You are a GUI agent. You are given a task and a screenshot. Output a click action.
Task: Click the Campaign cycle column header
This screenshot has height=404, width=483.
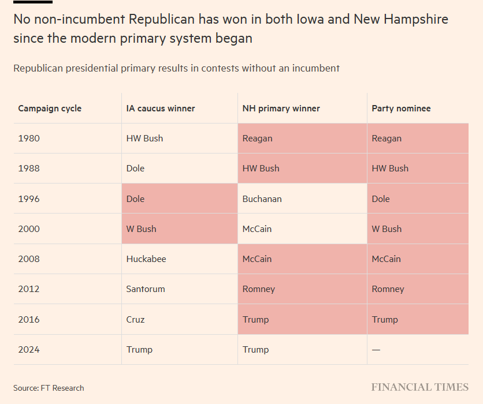(50, 109)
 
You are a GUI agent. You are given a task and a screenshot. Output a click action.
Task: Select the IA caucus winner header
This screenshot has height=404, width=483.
(161, 109)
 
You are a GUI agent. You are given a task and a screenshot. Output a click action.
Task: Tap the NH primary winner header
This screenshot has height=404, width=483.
(281, 109)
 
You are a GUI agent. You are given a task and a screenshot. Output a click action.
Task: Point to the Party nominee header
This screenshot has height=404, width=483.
(401, 109)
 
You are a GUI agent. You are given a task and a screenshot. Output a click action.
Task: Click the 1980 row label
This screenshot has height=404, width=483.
(29, 139)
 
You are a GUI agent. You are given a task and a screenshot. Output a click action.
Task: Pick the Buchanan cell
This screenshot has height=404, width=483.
(262, 199)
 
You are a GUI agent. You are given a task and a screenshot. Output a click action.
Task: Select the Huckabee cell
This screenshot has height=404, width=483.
(146, 259)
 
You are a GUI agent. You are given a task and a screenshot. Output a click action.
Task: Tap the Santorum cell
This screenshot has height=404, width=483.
(145, 289)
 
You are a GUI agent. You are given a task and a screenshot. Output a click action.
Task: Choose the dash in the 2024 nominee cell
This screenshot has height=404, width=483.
(376, 350)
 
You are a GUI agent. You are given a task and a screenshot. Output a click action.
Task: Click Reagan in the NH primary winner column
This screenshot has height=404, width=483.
(257, 139)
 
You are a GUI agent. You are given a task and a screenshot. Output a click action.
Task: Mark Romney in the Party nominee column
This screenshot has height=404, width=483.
(388, 289)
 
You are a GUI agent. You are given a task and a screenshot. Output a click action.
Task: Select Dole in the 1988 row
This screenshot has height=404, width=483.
(135, 169)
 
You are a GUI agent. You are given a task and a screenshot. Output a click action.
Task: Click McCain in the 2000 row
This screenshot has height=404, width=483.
(257, 229)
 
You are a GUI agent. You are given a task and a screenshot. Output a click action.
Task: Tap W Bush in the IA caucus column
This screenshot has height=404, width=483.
(141, 229)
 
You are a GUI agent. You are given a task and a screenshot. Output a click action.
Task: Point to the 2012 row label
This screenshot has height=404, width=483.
(29, 289)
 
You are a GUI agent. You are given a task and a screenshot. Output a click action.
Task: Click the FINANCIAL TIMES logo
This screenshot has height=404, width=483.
(419, 387)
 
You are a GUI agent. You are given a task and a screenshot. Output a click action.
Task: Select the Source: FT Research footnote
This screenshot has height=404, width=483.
(49, 388)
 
